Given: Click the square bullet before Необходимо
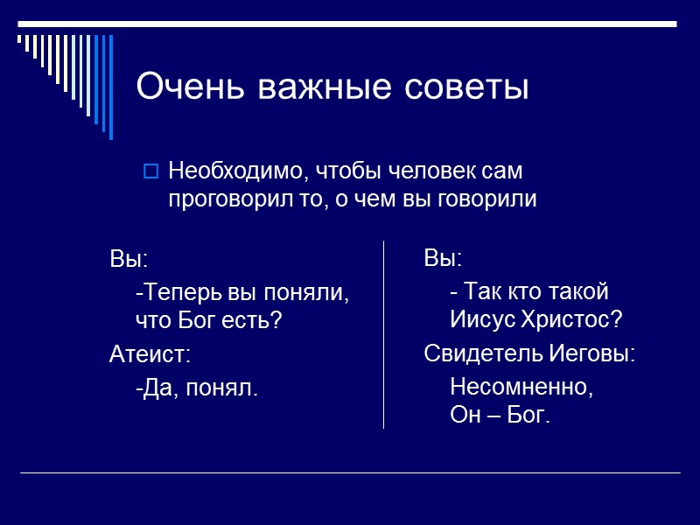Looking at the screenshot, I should pyautogui.click(x=150, y=171).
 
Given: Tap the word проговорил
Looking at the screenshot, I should pyautogui.click(x=226, y=199).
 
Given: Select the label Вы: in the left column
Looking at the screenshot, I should pyautogui.click(x=129, y=260).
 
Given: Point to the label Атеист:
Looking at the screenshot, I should pyautogui.click(x=150, y=354).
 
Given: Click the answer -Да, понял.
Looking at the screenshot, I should pyautogui.click(x=197, y=386).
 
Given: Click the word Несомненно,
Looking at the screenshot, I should pyautogui.click(x=521, y=386).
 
